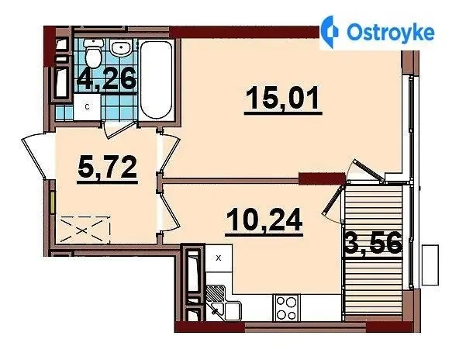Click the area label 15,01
pyautogui.click(x=283, y=99)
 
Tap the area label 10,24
pyautogui.click(x=264, y=220)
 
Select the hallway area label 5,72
pyautogui.click(x=108, y=168)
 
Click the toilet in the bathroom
pyautogui.click(x=93, y=52)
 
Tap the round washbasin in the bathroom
pyautogui.click(x=122, y=48)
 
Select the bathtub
pyautogui.click(x=157, y=79)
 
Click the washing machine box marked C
pyautogui.click(x=87, y=107)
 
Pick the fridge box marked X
pyautogui.click(x=219, y=258)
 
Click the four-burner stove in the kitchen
pyautogui.click(x=286, y=307)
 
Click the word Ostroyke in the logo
pyautogui.click(x=390, y=33)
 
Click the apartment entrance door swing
pyautogui.click(x=36, y=156)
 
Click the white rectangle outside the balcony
pyautogui.click(x=430, y=265)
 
